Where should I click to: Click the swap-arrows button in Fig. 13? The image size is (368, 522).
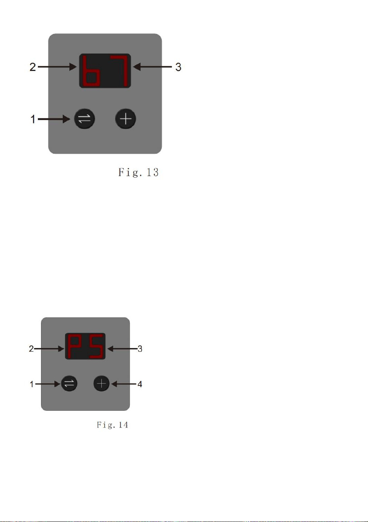[84, 119]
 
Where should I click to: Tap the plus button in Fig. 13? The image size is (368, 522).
[126, 119]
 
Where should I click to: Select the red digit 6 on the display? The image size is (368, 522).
[90, 71]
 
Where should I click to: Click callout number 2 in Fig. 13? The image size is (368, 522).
[33, 67]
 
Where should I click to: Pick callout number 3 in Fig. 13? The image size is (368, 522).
[178, 67]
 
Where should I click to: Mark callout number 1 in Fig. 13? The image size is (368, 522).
[33, 119]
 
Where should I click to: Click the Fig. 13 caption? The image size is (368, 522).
[138, 172]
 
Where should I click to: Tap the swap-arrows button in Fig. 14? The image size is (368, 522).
[69, 383]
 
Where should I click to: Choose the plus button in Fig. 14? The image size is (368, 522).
[101, 383]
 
